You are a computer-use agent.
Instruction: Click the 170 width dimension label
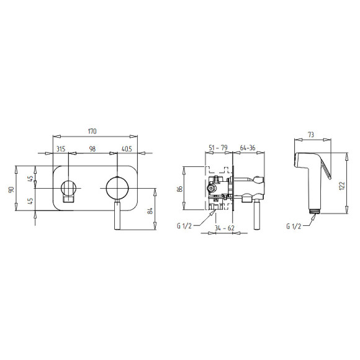[x=92, y=131]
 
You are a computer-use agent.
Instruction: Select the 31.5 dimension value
[x=61, y=149]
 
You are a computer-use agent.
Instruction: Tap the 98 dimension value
[x=92, y=149]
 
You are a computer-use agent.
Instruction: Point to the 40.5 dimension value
[x=127, y=149]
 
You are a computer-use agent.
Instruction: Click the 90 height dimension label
[x=11, y=190]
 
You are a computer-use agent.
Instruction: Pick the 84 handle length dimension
[x=150, y=211]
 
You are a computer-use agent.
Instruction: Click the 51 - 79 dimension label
[x=218, y=148]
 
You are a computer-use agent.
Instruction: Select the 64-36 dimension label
[x=248, y=148]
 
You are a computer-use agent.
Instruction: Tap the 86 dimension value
[x=180, y=189]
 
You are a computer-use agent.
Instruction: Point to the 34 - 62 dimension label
[x=225, y=228]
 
